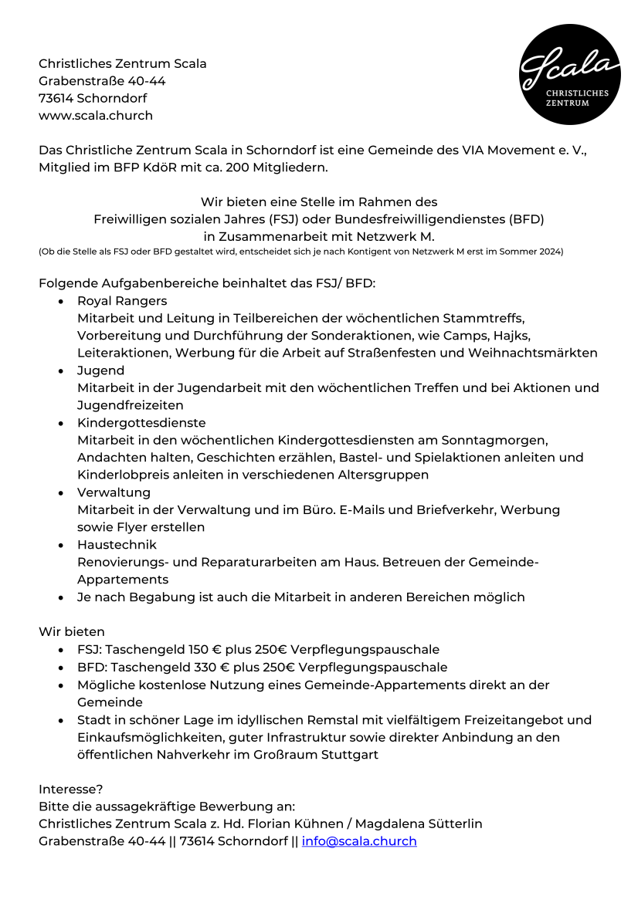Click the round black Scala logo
click(x=570, y=75)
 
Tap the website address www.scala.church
click(x=96, y=116)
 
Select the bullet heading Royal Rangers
click(x=122, y=301)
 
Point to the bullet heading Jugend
click(x=100, y=370)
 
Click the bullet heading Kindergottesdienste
click(x=141, y=423)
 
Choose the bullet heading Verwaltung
click(x=114, y=492)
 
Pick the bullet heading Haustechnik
click(x=117, y=545)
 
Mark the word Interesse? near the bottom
click(x=71, y=790)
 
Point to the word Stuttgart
click(x=351, y=755)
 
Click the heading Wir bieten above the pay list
click(x=72, y=632)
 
